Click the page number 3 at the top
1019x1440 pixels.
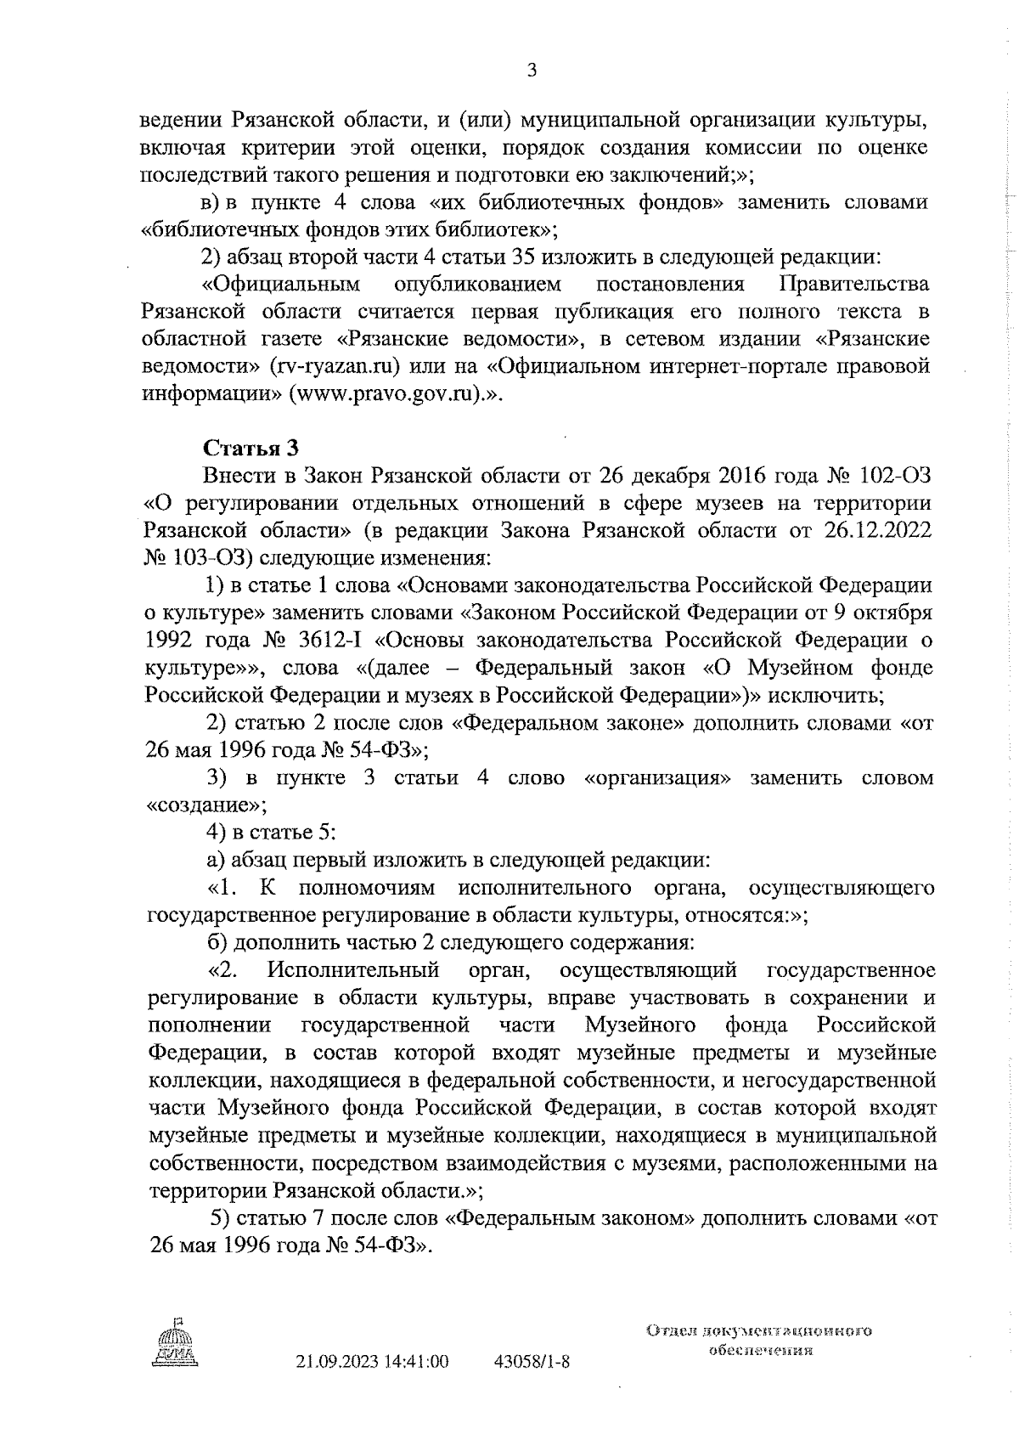click(x=532, y=71)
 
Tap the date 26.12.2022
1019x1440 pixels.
click(x=877, y=531)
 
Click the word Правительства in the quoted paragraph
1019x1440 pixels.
click(x=853, y=284)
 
